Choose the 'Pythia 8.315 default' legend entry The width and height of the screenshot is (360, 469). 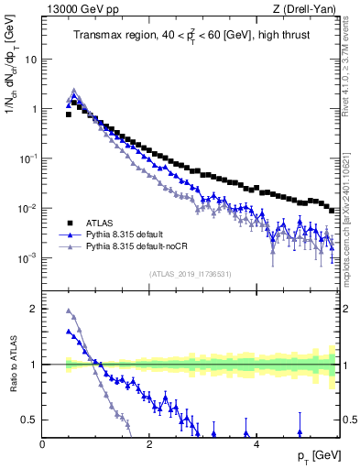(x=128, y=234)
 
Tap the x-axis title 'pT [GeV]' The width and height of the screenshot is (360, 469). (x=312, y=455)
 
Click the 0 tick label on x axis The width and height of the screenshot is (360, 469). (x=43, y=444)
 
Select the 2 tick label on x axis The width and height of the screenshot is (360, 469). (x=149, y=444)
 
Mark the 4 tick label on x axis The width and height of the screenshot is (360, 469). (x=256, y=444)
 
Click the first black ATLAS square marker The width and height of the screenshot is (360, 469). (x=69, y=115)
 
